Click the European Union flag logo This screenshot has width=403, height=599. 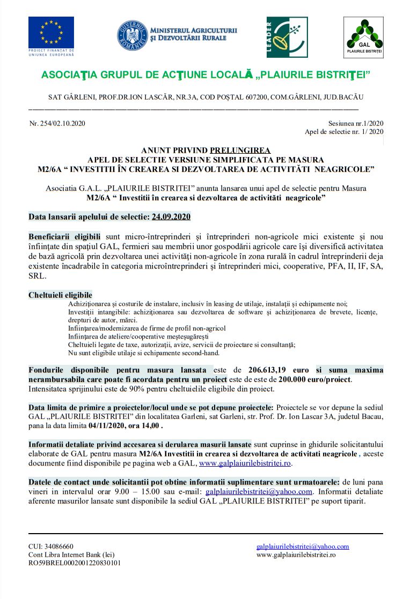[51, 33]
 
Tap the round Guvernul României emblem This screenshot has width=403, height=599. [132, 35]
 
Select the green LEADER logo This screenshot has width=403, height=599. [287, 37]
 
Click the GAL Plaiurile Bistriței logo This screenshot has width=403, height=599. [364, 38]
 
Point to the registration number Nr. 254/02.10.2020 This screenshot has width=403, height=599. [57, 123]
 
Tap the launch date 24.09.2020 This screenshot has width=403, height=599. [171, 217]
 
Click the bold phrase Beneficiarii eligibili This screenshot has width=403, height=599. [64, 236]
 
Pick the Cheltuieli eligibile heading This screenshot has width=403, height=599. [60, 295]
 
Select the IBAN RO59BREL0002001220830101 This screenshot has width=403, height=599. [75, 563]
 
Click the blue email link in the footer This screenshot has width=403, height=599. [303, 546]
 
